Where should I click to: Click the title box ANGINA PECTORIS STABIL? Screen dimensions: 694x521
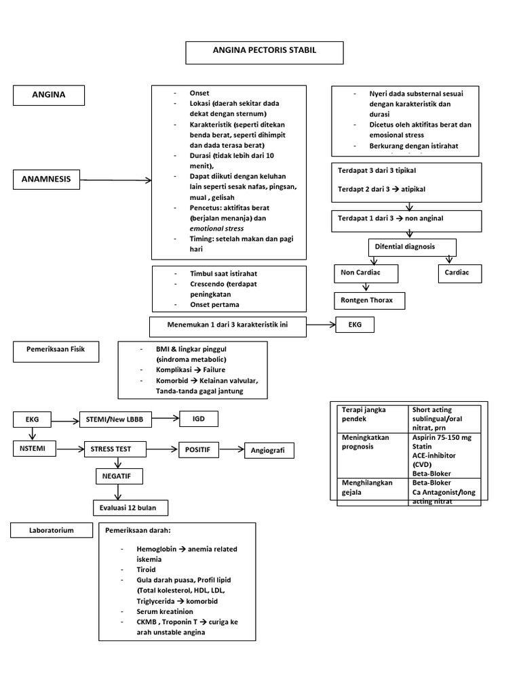(265, 52)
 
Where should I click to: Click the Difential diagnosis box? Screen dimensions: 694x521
(412, 247)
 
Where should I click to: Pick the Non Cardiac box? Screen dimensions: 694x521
(365, 273)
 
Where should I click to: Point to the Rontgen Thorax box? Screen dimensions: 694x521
(369, 300)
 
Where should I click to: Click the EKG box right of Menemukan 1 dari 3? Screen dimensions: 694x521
(355, 326)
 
